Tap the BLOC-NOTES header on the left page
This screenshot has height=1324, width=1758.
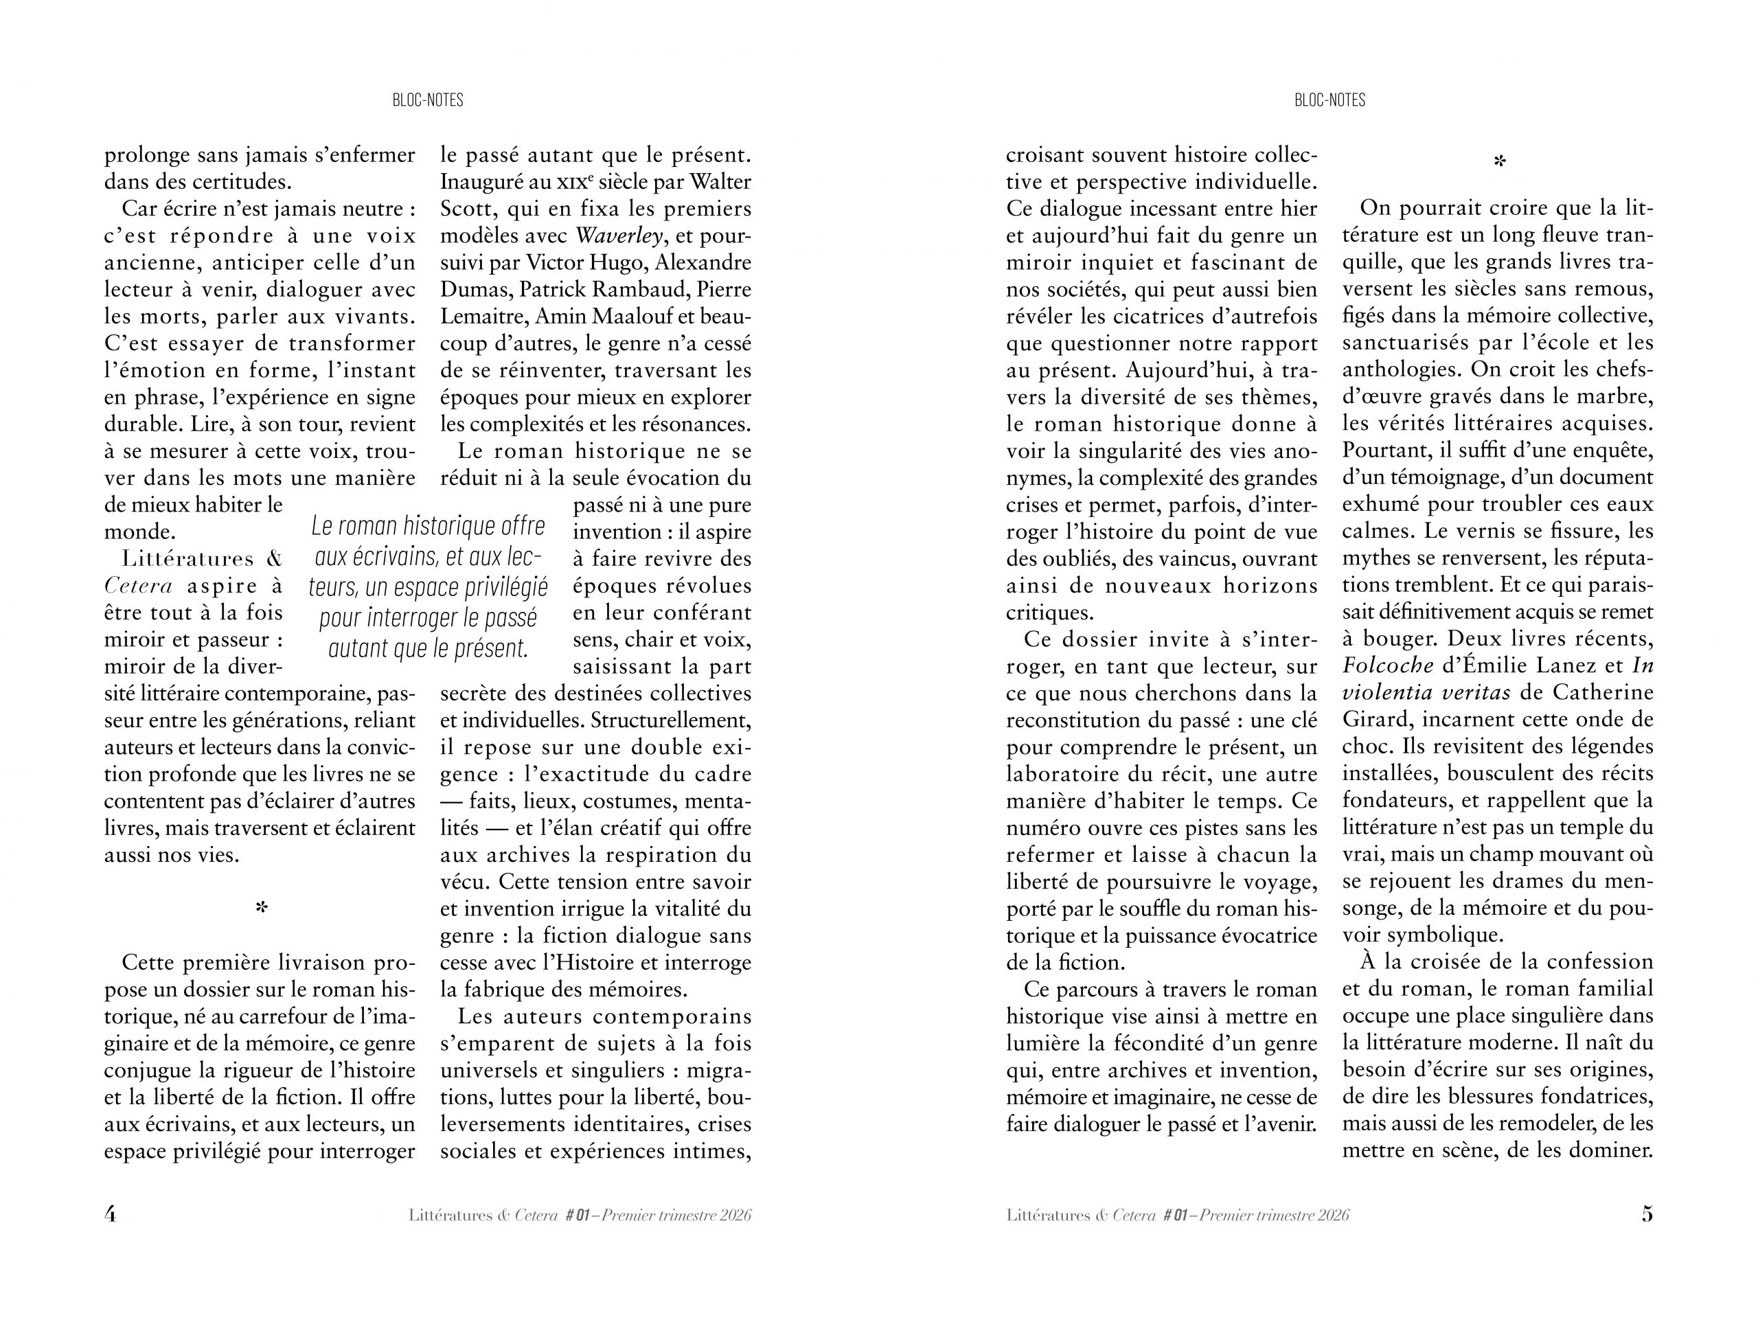428,100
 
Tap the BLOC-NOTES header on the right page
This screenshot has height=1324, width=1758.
1329,100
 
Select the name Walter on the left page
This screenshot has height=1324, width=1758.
721,182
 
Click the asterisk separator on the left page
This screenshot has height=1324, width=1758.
262,908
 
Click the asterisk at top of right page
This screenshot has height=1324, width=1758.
1499,162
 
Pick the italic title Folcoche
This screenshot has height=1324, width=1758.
1388,666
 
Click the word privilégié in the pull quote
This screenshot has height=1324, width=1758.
503,587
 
